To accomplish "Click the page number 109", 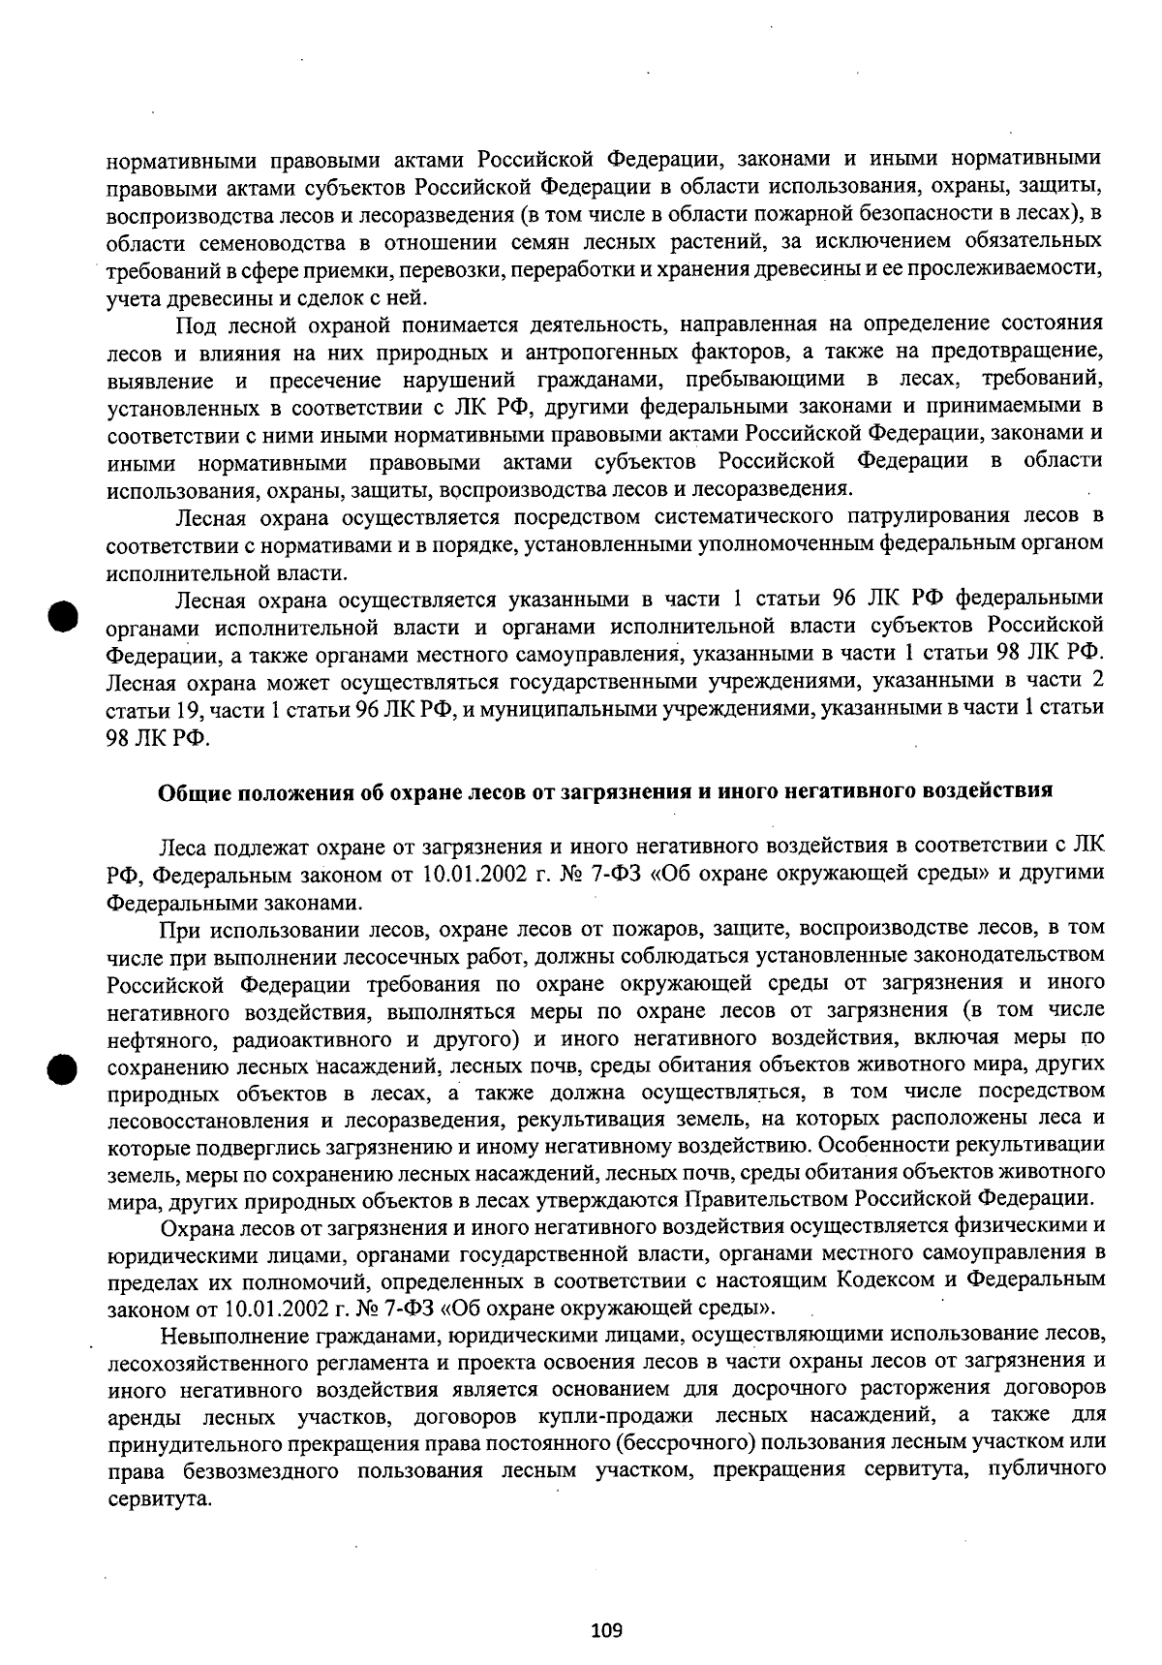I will [606, 1630].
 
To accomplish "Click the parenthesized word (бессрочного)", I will [686, 1441].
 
